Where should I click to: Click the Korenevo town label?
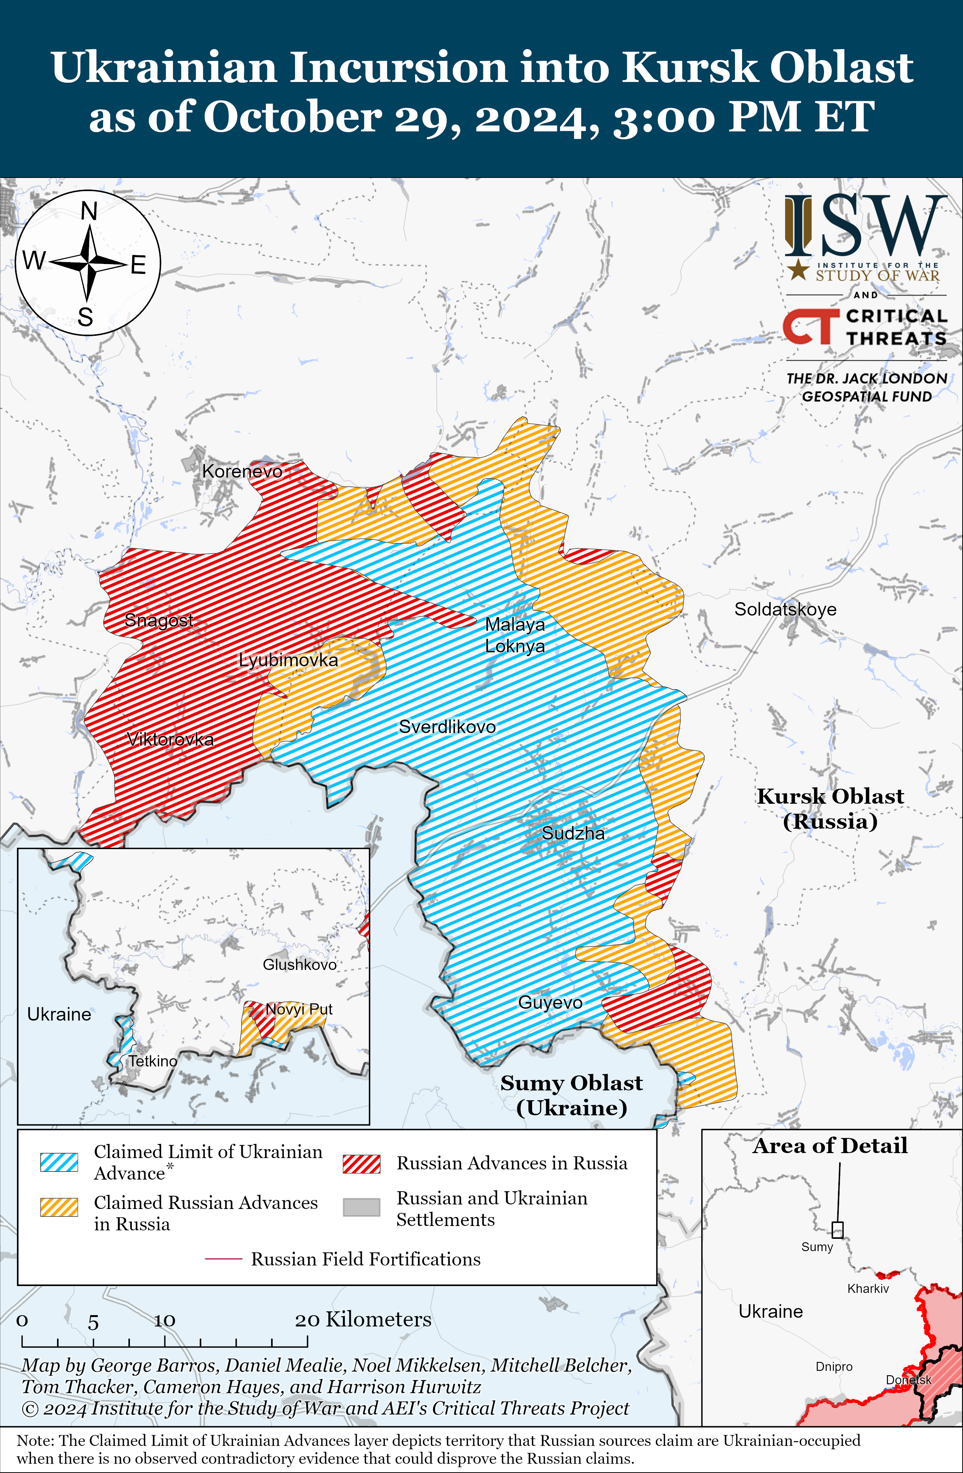242,472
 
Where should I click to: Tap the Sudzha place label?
573,833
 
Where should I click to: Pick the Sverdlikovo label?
447,727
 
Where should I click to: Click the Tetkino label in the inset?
153,1061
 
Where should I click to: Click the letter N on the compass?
89,212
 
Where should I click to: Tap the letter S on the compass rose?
85,318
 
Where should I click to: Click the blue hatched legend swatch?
59,1162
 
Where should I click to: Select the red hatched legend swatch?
361,1164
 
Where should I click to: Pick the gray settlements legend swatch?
361,1207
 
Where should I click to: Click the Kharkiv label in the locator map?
868,1289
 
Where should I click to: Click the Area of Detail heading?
830,1146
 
